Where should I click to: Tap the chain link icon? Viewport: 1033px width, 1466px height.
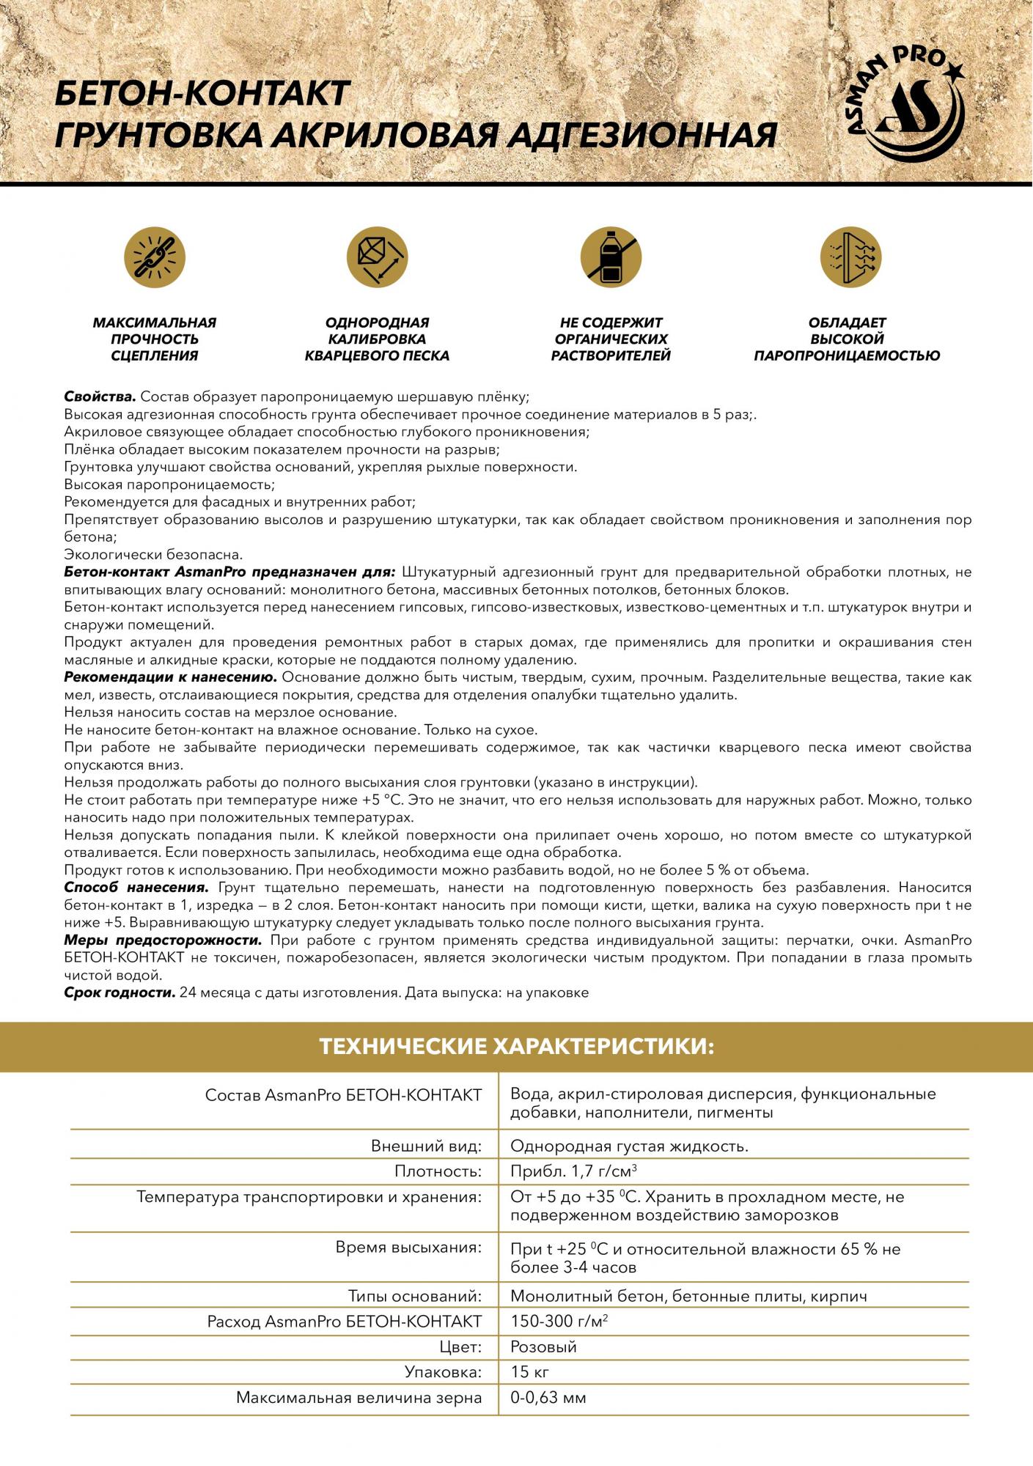click(155, 258)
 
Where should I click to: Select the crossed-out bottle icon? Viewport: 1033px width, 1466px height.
click(611, 258)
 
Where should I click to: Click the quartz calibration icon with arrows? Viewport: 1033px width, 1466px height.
click(378, 258)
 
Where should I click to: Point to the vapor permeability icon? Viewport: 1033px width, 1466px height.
click(850, 258)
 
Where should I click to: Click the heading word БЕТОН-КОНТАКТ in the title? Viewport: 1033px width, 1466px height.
click(202, 95)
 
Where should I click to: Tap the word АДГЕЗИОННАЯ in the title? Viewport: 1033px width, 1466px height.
click(640, 136)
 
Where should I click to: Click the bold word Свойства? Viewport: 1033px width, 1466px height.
click(100, 397)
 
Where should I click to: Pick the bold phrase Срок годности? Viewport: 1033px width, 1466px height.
click(120, 993)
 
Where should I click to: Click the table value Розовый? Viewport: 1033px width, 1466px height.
click(543, 1347)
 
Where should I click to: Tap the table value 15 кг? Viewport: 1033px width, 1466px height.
click(529, 1372)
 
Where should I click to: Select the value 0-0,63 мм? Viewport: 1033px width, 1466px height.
click(548, 1398)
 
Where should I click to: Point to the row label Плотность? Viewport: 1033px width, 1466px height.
click(438, 1171)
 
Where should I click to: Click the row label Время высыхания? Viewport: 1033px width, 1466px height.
click(408, 1248)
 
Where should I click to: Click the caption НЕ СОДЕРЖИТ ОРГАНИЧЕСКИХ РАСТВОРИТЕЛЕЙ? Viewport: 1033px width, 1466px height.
click(611, 339)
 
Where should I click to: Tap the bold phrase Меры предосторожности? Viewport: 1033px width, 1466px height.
click(163, 940)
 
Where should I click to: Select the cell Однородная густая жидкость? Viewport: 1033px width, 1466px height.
click(629, 1146)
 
